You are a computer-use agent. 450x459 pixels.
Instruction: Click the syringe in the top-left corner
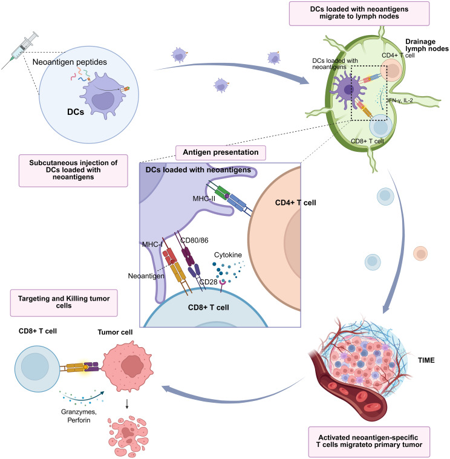[20, 50]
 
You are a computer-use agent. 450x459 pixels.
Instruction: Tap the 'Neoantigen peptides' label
[70, 62]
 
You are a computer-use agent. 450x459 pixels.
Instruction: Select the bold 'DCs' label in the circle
[76, 112]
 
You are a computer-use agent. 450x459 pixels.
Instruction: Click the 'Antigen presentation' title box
[221, 152]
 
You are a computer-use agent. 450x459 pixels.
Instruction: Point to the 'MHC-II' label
[204, 199]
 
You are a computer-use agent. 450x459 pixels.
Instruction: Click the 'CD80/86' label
[194, 240]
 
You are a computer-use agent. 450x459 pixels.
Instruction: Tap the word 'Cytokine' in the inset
[228, 255]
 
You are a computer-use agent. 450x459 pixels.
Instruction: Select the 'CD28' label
[208, 282]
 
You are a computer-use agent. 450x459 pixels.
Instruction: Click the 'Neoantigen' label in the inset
[146, 276]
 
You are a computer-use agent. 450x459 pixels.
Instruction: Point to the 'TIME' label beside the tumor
[426, 360]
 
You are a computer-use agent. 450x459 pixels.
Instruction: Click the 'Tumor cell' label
[115, 332]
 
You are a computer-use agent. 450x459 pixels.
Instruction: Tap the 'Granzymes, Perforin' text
[79, 416]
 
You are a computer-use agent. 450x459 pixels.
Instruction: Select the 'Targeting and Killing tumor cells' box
[64, 303]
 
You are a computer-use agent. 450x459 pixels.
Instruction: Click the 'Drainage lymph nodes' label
[427, 45]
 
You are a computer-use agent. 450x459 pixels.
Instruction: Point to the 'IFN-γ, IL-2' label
[400, 100]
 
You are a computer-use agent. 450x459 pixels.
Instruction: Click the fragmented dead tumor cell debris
[128, 437]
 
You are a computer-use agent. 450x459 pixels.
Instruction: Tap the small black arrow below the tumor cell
[127, 403]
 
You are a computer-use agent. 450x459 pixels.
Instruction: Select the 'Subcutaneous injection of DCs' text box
[73, 171]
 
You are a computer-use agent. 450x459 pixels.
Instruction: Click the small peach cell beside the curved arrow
[420, 253]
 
